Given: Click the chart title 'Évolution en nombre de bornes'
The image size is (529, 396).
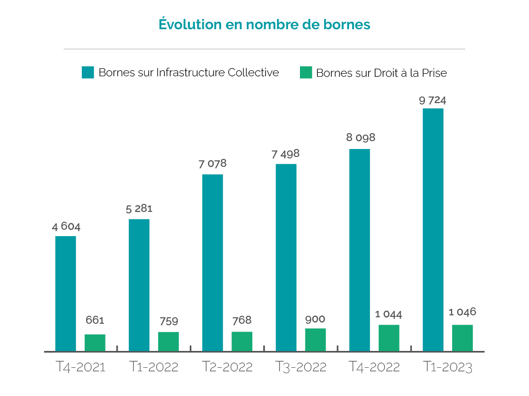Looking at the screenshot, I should [x=264, y=24].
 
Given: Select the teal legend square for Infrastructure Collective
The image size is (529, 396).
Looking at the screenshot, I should [x=88, y=73].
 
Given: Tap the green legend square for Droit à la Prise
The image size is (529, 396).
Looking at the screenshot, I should [x=306, y=73].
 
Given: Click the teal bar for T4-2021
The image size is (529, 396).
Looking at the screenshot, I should [x=65, y=293].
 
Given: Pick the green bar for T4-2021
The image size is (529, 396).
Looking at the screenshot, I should [x=95, y=343].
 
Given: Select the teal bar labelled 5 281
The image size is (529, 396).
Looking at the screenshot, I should [x=139, y=285].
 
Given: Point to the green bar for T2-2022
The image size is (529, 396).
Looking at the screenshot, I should [x=242, y=341].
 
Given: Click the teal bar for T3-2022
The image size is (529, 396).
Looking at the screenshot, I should [x=286, y=257].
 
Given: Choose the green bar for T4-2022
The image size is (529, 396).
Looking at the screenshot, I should [x=389, y=338].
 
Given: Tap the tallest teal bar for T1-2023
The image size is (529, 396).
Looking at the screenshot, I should [x=433, y=229].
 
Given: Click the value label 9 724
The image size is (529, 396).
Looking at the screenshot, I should [x=432, y=100].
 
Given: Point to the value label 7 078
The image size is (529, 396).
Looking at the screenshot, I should [x=213, y=164].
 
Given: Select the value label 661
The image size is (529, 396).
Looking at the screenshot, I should [x=95, y=320].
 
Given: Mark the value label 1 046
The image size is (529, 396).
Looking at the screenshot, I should [x=462, y=312].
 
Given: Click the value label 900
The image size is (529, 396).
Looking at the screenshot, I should [x=315, y=319].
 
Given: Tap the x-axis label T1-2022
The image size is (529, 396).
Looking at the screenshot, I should [x=154, y=367].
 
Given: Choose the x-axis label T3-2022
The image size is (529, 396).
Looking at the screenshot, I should [x=301, y=367].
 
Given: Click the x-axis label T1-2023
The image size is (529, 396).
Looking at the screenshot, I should [x=448, y=367].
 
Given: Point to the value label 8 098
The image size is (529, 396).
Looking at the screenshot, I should [x=360, y=138].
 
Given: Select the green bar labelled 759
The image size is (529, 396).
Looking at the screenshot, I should [x=169, y=341].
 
